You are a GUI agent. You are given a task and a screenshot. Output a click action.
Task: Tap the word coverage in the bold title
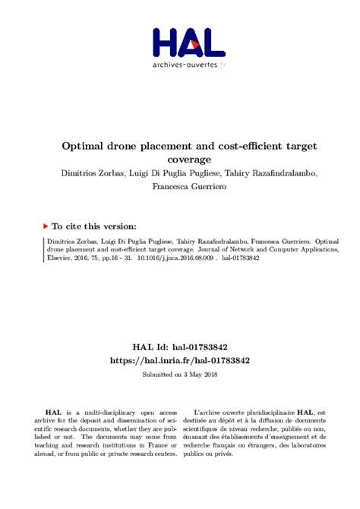(x=179, y=159)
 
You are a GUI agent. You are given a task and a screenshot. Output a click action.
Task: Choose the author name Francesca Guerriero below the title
(x=179, y=187)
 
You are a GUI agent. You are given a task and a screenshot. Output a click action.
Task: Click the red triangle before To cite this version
(x=45, y=226)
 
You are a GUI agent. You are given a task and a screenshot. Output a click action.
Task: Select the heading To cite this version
(x=93, y=226)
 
